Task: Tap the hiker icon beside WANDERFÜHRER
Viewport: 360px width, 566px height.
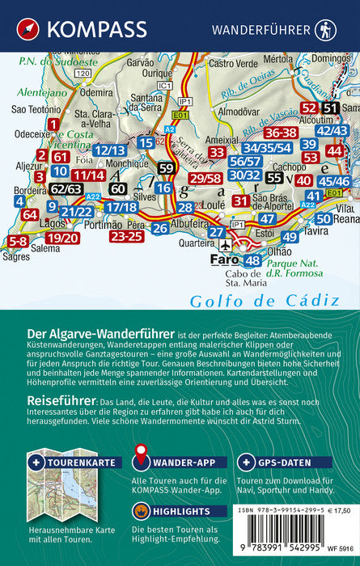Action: coord(325,29)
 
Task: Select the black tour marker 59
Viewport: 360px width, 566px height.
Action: coord(166,168)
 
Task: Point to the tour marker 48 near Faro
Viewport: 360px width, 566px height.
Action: coord(252,260)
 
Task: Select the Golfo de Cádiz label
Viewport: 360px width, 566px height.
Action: coord(252,300)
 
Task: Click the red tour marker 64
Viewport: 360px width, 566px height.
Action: coord(30,215)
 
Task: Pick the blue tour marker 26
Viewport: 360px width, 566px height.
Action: coord(159,228)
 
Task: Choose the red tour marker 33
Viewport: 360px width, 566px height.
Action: coord(216,151)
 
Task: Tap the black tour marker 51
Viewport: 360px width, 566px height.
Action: coord(330,108)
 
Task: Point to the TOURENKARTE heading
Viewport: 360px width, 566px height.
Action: coord(71,463)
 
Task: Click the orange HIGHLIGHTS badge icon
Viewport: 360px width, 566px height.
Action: coord(140,510)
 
